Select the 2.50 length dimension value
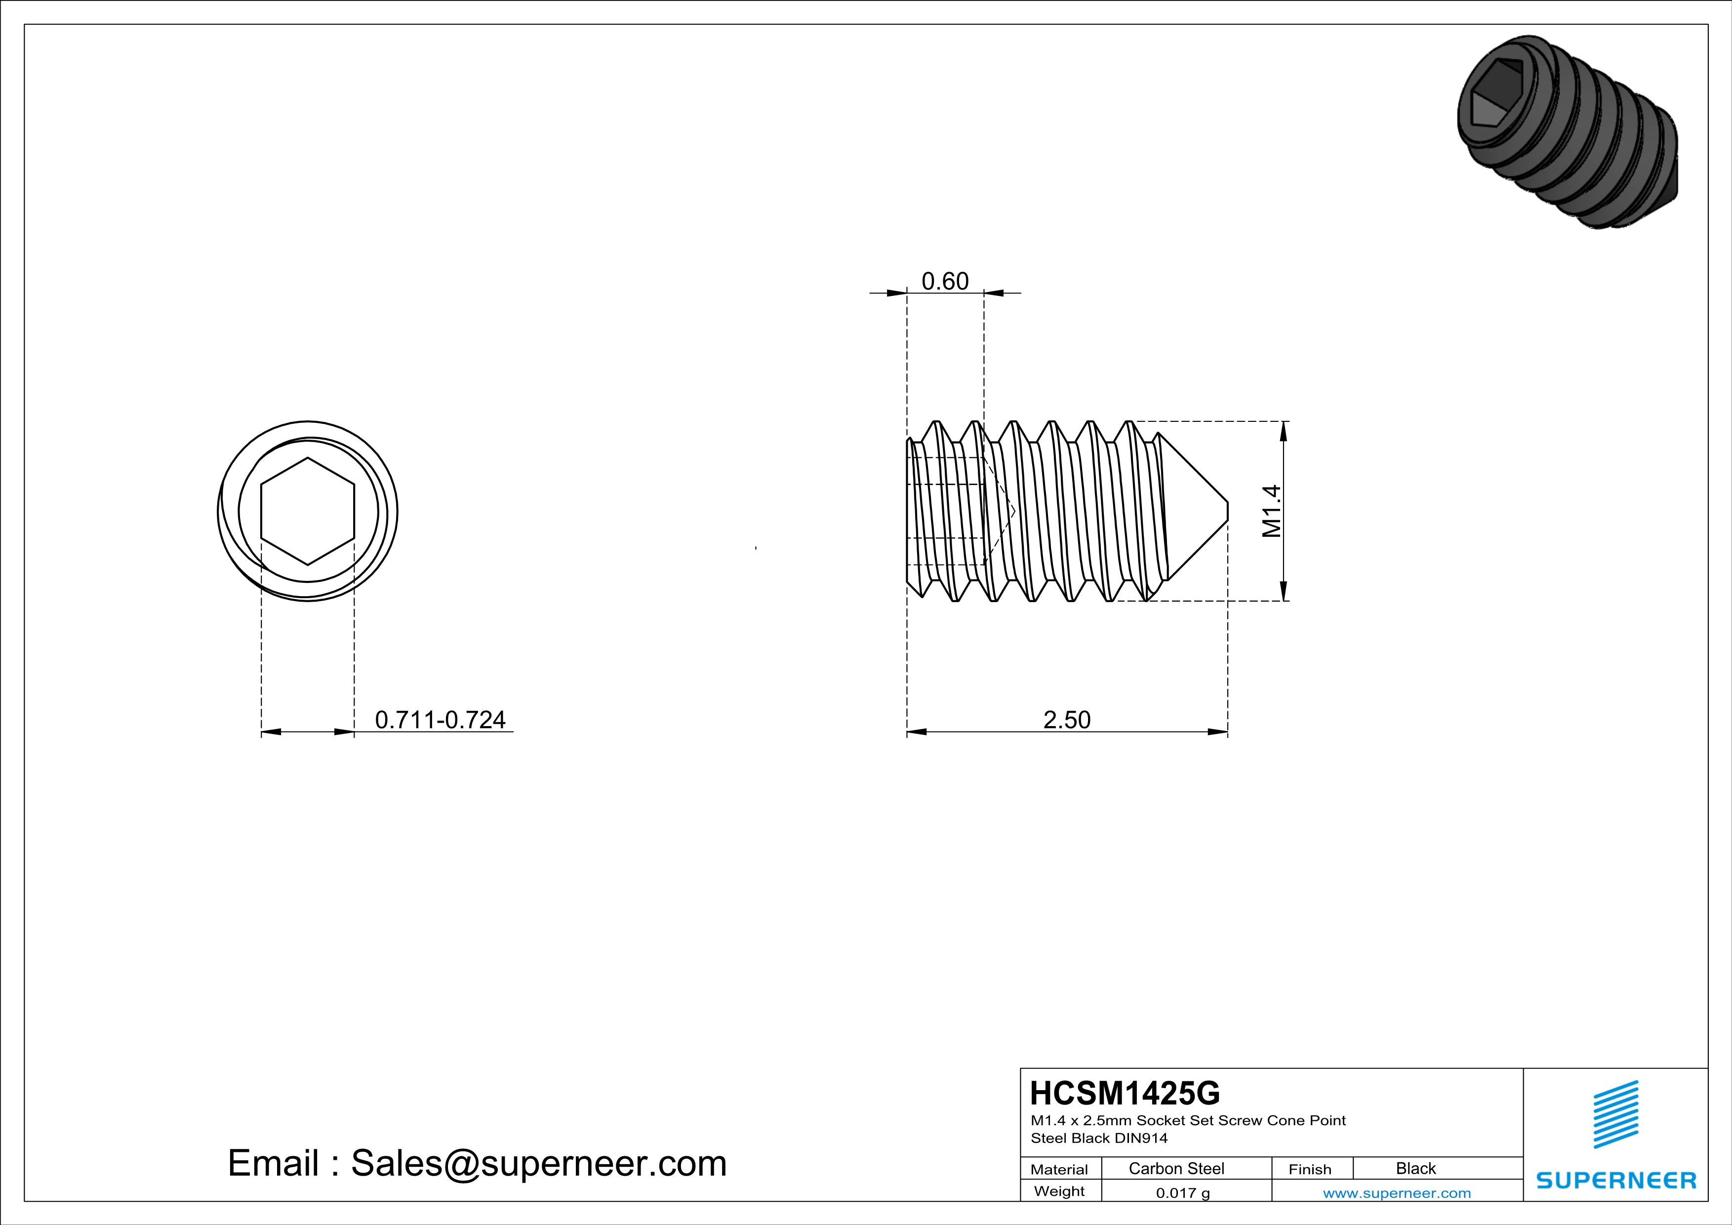tap(1067, 720)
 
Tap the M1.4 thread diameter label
tap(1272, 511)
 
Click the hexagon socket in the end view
tap(307, 511)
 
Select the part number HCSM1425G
tap(1125, 1093)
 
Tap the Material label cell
tap(1059, 1169)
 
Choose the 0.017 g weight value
tap(1183, 1192)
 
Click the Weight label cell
tap(1059, 1191)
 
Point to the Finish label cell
tap(1310, 1169)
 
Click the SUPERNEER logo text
tap(1616, 1181)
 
